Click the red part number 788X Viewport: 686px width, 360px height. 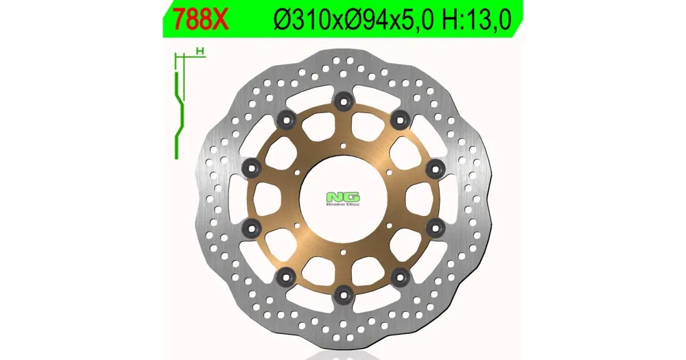click(201, 19)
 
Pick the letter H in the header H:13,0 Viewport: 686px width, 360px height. click(450, 20)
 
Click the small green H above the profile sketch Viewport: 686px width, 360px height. click(200, 51)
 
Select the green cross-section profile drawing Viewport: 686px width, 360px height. click(179, 105)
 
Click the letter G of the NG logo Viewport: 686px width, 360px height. click(352, 197)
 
